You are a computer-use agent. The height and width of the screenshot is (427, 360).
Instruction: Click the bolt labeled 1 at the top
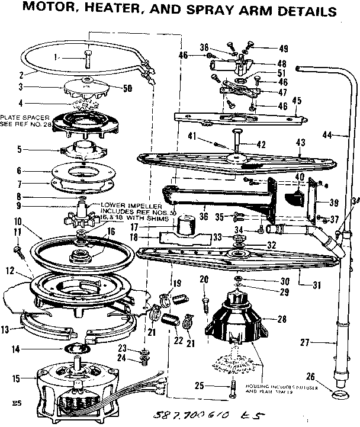88,58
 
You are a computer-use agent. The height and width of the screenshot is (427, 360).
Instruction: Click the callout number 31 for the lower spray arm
317,284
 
